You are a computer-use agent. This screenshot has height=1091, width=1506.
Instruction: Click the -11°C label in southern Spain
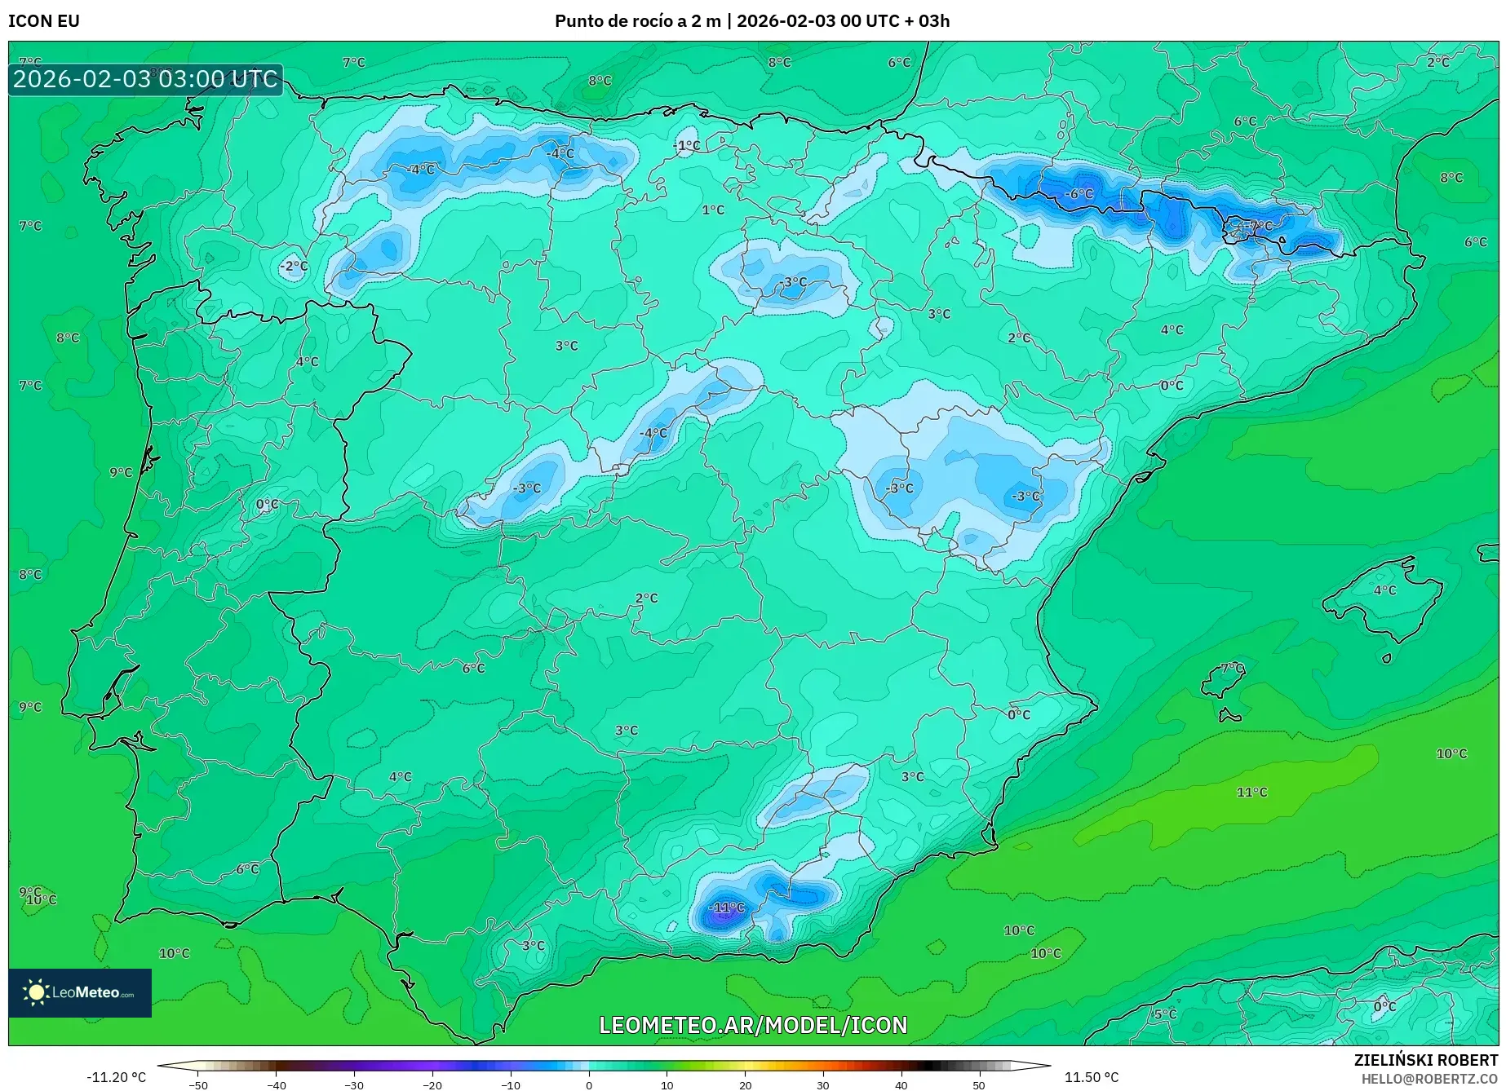pos(725,908)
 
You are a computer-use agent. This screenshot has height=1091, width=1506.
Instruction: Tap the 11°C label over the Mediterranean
pos(1251,793)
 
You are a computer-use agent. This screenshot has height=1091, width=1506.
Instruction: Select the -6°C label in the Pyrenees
pos(1079,194)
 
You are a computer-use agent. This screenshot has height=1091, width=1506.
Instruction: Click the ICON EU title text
pos(44,21)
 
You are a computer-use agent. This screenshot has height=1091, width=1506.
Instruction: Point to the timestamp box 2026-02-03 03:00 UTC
pos(145,80)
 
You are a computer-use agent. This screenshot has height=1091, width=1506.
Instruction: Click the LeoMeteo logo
pos(80,993)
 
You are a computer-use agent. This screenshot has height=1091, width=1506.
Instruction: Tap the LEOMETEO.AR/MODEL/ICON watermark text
pos(752,1026)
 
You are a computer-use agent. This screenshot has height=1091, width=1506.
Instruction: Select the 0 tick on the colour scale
pos(589,1084)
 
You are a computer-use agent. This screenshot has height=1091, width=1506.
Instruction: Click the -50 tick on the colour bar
pos(198,1084)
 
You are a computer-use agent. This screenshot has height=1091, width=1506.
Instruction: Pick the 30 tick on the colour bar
pos(822,1084)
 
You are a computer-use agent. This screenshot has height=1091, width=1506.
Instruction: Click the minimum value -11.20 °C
pos(116,1078)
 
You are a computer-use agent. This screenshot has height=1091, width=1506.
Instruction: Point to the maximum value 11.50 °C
pos(1092,1078)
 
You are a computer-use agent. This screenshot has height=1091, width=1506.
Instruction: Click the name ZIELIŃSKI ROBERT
pos(1426,1061)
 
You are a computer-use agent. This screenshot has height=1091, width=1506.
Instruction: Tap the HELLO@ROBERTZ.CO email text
pos(1429,1079)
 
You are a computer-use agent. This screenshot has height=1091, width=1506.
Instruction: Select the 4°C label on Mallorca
pos(1384,590)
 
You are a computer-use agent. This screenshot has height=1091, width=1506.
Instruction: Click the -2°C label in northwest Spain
pos(294,267)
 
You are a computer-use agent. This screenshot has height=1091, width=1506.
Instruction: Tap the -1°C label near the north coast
pos(687,146)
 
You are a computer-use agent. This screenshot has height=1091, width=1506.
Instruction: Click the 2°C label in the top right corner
pos(1438,63)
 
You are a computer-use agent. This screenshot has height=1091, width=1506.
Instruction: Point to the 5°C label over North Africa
pos(1165,1014)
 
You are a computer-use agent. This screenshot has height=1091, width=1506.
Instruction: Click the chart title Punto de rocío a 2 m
pos(637,21)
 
